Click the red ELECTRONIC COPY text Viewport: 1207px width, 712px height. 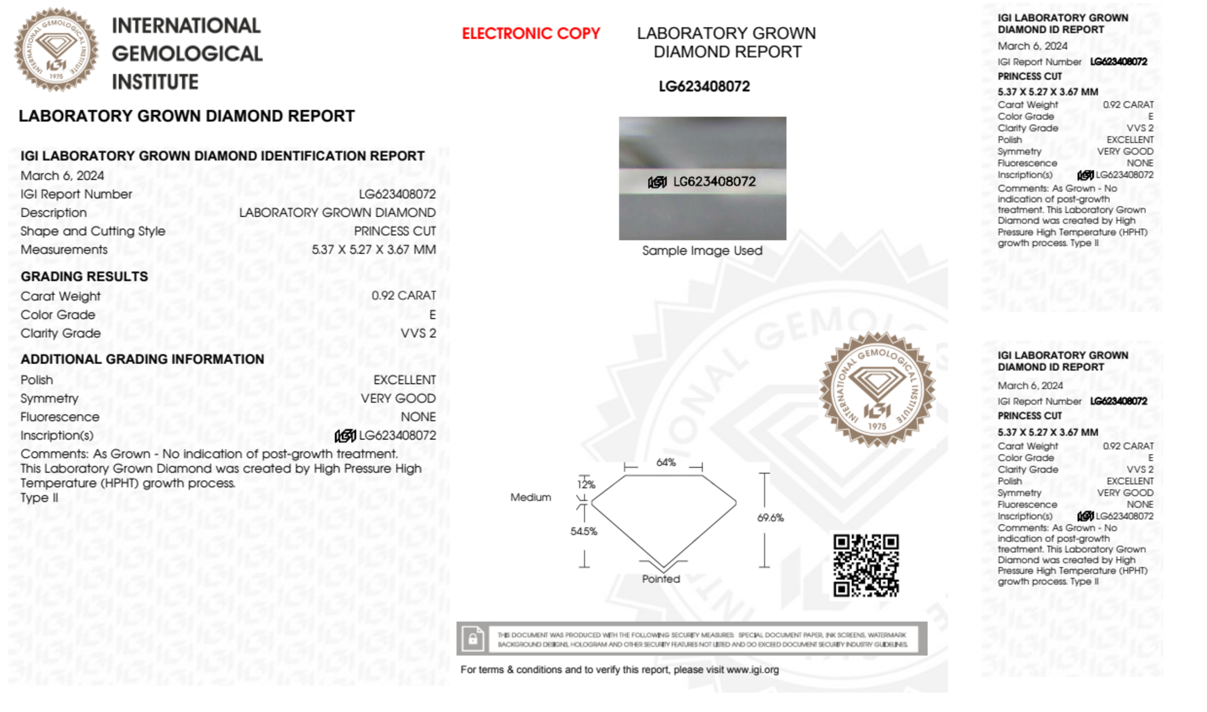[x=531, y=34]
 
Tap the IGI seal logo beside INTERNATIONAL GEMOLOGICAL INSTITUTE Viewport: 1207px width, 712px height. [x=57, y=49]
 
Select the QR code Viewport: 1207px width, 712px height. [x=866, y=566]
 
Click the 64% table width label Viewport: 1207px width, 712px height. [x=666, y=462]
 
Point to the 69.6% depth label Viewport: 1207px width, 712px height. [x=770, y=518]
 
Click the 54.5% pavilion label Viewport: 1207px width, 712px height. [x=583, y=531]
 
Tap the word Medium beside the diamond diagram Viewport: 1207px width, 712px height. [x=531, y=497]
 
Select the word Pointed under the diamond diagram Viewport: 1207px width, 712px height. [x=661, y=579]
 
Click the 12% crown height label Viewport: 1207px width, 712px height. [x=586, y=484]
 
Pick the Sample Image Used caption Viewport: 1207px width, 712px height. [x=702, y=251]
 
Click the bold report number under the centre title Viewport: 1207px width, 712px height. [x=704, y=87]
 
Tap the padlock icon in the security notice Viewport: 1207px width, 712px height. [x=473, y=638]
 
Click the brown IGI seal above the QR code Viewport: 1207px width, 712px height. [x=877, y=389]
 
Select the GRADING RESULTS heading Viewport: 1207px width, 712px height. [x=84, y=277]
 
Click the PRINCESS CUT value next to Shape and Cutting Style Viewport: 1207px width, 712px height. [x=394, y=232]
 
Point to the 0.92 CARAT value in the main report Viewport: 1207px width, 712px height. [x=404, y=295]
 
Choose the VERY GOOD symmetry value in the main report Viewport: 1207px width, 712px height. [x=398, y=399]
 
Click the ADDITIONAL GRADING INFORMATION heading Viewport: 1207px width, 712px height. [x=142, y=359]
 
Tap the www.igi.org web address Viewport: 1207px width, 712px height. [x=752, y=670]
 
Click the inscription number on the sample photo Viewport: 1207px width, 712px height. [x=714, y=181]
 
